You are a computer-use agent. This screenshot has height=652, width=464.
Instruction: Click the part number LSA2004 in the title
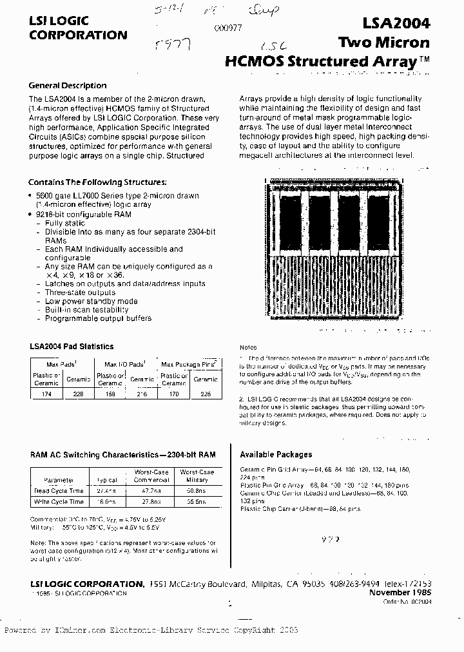click(395, 24)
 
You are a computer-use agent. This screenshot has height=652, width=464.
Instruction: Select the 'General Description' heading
click(68, 86)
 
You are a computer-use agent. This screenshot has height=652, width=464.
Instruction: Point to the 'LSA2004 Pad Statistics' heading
click(72, 347)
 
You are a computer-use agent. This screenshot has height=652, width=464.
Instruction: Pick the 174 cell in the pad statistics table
click(46, 392)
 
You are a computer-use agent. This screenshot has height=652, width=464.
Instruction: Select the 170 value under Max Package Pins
click(173, 392)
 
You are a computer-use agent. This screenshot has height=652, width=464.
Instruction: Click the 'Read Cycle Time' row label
click(59, 490)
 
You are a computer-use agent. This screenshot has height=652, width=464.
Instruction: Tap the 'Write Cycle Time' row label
click(59, 501)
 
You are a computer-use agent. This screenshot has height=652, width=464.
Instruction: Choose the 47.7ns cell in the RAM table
click(151, 490)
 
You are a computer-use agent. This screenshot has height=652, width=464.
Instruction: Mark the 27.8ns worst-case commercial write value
click(151, 501)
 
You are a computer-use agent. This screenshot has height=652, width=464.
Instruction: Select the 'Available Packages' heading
click(276, 454)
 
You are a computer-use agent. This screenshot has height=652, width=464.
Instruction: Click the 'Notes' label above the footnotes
click(248, 347)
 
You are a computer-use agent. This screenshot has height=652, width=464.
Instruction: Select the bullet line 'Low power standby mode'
click(91, 301)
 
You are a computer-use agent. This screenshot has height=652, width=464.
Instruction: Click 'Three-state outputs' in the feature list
click(80, 292)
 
